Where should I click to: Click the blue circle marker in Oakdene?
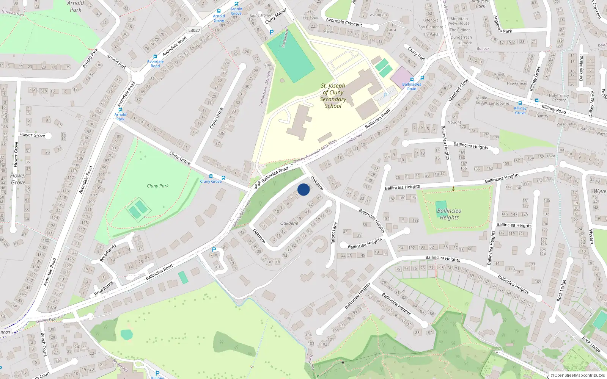coord(303,189)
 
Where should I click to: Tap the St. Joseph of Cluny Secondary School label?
coord(333,96)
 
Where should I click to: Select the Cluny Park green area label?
coord(157,186)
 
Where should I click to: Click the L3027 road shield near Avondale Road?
coord(194,30)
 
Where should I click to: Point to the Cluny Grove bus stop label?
coord(211,182)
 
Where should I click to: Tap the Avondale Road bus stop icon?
coord(155,56)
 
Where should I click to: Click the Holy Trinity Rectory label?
coord(559,98)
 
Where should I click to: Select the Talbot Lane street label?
coord(334,233)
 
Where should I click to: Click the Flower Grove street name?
coord(32,135)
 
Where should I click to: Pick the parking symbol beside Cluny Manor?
coord(272,33)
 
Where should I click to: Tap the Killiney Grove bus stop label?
coord(520,110)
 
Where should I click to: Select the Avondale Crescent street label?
coord(344,22)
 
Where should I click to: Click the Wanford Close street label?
coord(458,90)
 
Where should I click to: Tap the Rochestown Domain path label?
coord(265,88)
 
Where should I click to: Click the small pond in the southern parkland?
coord(127,335)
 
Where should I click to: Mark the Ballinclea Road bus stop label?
coord(412,86)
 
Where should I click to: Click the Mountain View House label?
coord(459,21)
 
